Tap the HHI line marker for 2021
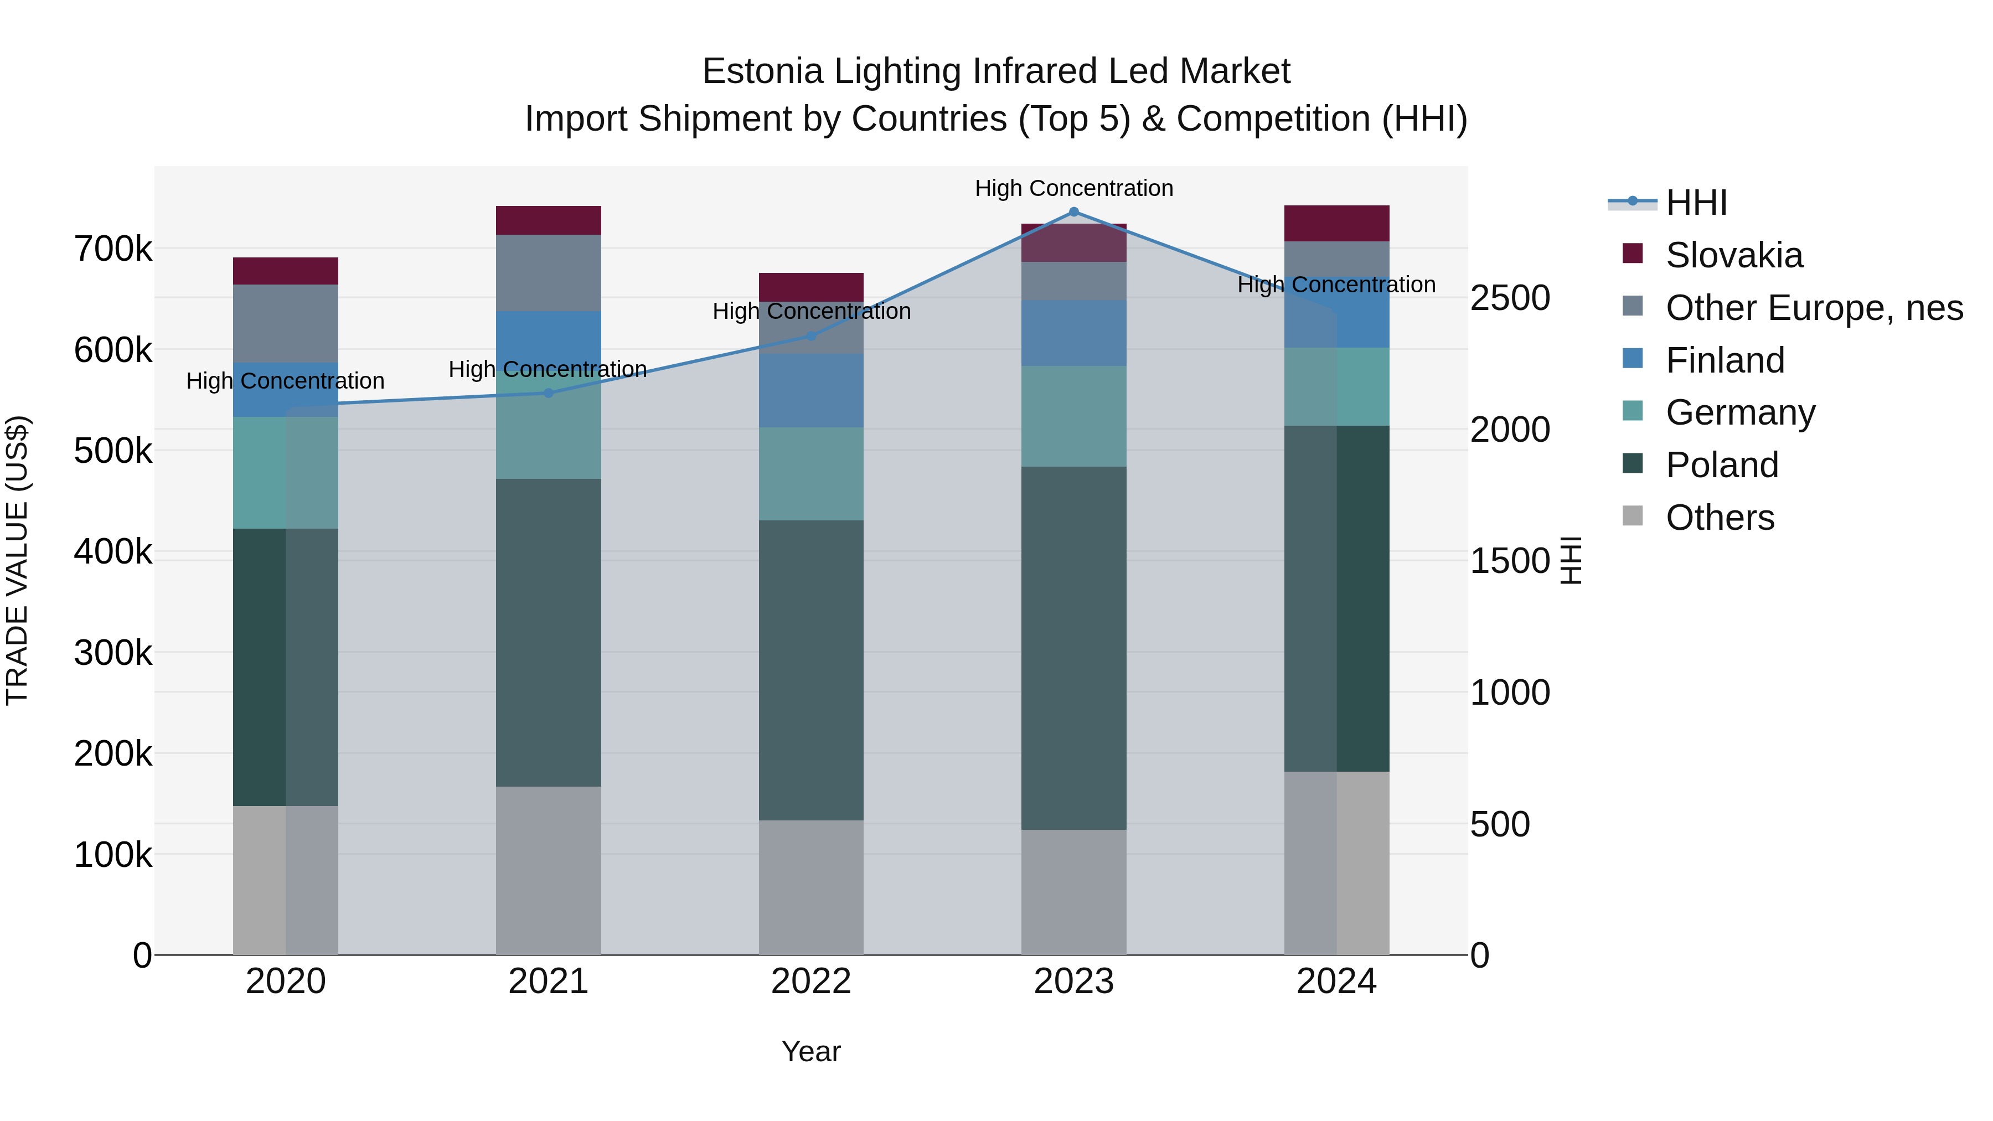tap(549, 393)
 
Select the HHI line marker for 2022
tap(811, 336)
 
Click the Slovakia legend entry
tap(1733, 255)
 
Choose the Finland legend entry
tap(1724, 360)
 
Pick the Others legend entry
tap(1719, 518)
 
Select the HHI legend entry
tap(1695, 203)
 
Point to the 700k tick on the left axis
tap(113, 249)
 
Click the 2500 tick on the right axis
tap(1510, 298)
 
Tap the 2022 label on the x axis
tap(811, 981)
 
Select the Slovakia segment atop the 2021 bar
tap(549, 220)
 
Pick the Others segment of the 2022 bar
tap(811, 887)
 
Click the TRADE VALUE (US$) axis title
tap(17, 560)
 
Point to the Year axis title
tap(811, 1051)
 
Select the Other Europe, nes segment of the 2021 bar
tap(549, 272)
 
